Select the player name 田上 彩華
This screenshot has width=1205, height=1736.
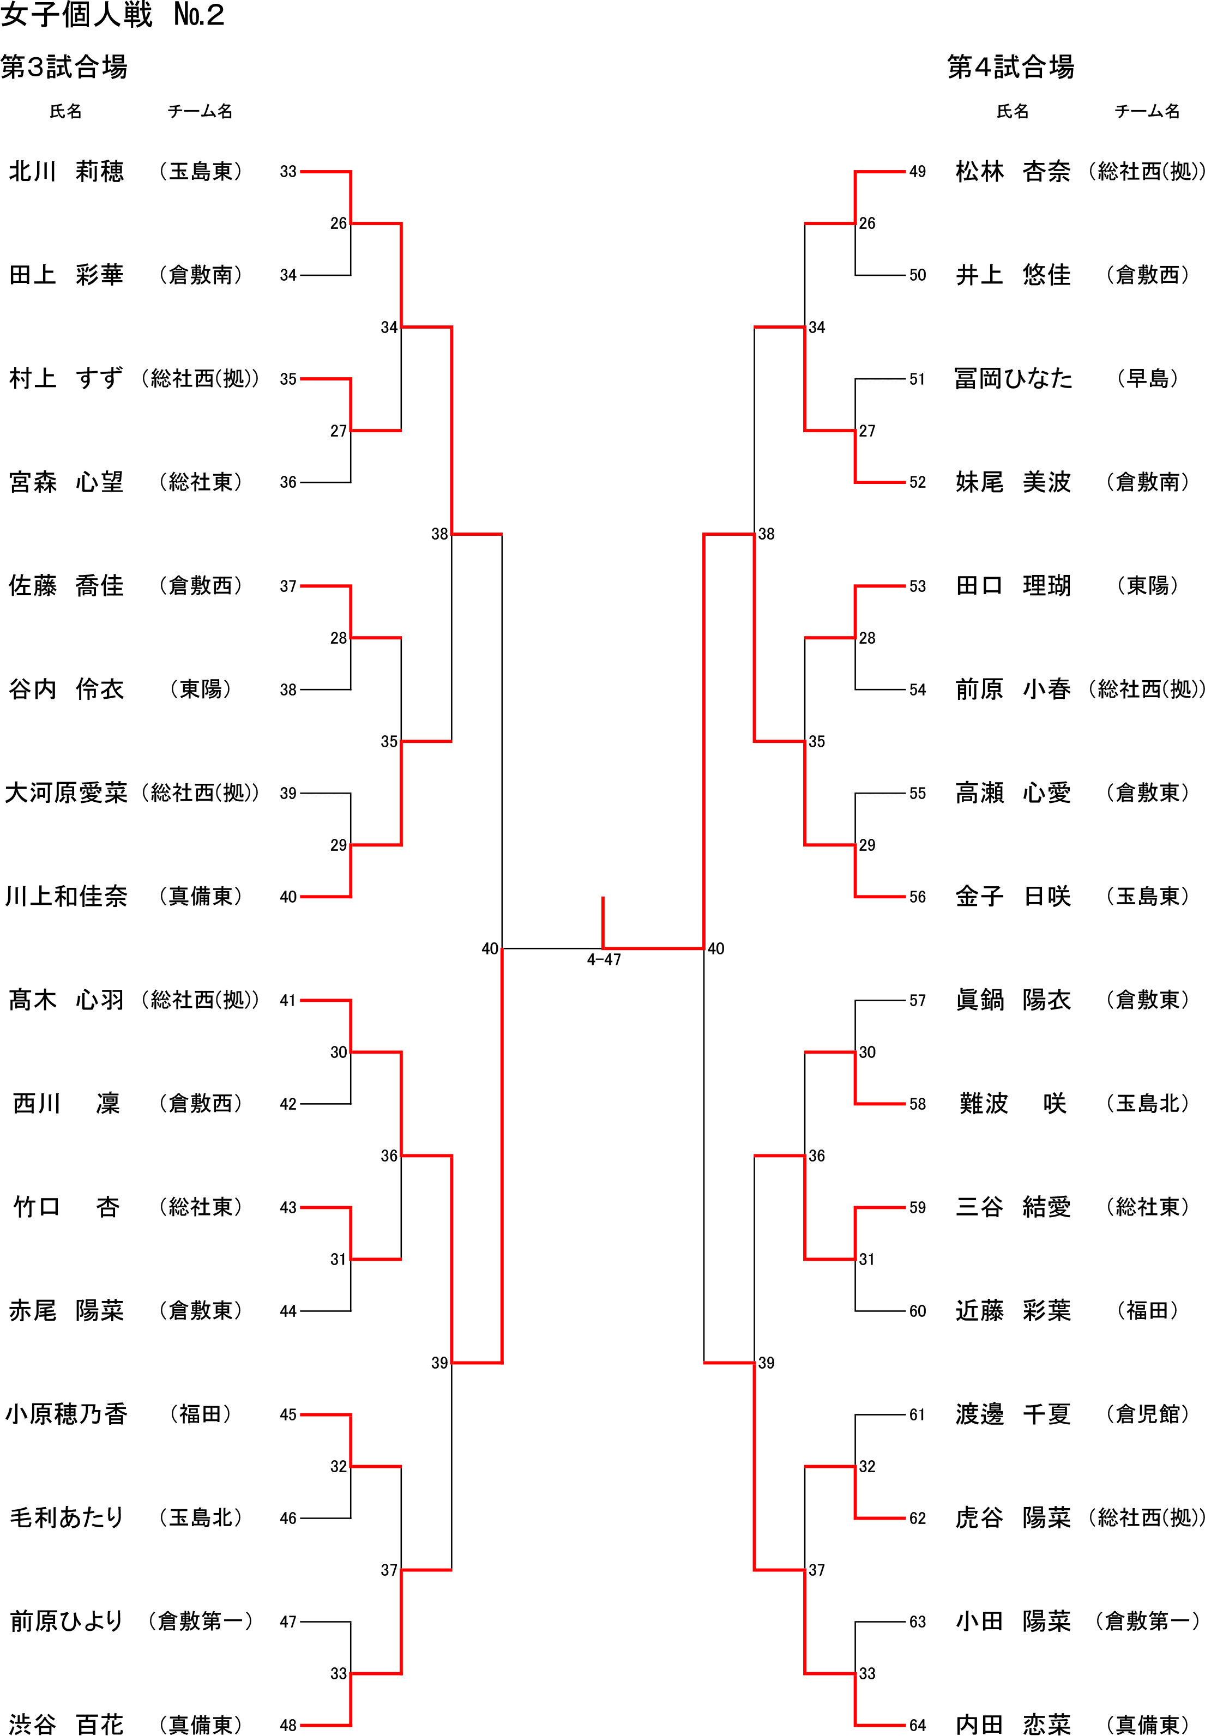67,275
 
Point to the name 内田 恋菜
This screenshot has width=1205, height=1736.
1013,1724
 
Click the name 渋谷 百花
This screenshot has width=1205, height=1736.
67,1724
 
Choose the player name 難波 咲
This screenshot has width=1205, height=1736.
1013,1104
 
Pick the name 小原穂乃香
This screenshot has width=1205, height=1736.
67,1414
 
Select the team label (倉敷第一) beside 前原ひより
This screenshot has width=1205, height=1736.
200,1620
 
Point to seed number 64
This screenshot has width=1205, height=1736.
917,1725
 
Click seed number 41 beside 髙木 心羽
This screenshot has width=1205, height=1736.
288,1001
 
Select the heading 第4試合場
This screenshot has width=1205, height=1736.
1010,67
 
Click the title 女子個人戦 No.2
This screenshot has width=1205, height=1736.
113,16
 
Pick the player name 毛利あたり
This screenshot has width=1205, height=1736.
67,1517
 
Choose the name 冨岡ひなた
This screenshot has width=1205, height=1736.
1013,379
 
